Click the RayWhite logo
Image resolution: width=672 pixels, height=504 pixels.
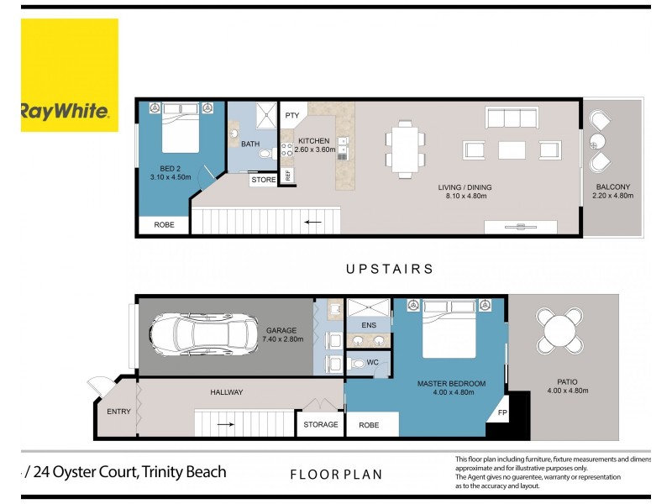pos(69,110)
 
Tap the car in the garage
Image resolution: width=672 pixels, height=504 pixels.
pos(205,336)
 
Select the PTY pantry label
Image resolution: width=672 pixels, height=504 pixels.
pos(292,115)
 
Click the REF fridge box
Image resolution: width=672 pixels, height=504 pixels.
pos(287,175)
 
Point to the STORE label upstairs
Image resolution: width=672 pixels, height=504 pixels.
pos(263,180)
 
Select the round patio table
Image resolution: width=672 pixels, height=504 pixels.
pos(560,331)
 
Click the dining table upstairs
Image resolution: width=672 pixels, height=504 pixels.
pos(406,149)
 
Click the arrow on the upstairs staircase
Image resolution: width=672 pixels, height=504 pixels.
pos(313,222)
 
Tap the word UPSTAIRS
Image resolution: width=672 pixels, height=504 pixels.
pos(389,270)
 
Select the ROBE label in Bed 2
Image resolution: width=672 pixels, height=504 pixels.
pos(164,225)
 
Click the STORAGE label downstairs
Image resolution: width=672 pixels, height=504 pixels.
pos(321,425)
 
